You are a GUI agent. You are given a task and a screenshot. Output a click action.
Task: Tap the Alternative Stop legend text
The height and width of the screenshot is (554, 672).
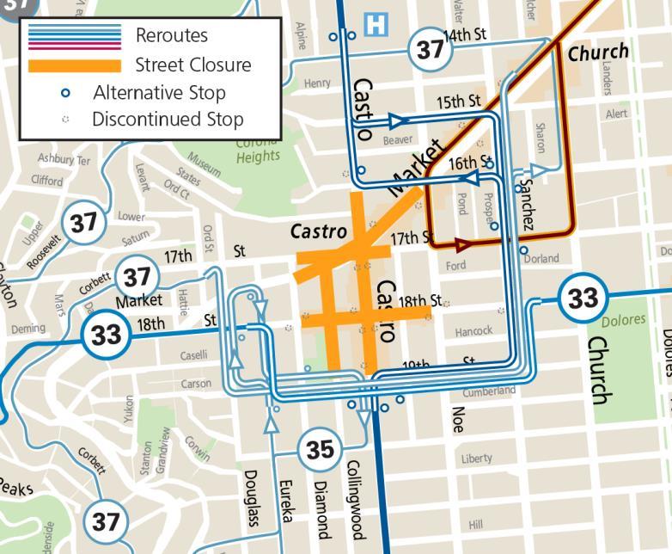click(x=160, y=93)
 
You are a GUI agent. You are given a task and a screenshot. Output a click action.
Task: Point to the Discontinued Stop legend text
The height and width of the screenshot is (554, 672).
click(x=168, y=120)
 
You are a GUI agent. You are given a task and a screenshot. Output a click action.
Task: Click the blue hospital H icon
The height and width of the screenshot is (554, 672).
click(x=376, y=24)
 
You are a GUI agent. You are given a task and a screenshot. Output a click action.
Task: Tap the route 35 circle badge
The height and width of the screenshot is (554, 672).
click(x=320, y=449)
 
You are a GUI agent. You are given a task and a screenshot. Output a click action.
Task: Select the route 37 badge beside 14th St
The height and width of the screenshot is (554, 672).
click(x=430, y=48)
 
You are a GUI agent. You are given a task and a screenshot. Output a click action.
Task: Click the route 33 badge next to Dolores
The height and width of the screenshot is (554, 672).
click(x=583, y=299)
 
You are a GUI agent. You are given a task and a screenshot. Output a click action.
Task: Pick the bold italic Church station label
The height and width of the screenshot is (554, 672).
click(x=598, y=52)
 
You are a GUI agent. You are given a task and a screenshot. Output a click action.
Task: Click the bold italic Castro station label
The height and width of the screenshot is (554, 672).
click(x=319, y=231)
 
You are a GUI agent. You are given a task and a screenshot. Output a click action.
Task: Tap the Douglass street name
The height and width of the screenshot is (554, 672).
click(x=251, y=498)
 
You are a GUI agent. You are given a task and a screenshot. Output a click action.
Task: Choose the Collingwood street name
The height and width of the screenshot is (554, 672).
click(x=351, y=498)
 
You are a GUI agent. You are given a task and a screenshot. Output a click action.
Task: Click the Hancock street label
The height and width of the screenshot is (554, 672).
click(x=473, y=331)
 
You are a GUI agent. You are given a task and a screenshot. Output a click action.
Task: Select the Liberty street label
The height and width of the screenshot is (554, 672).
click(x=477, y=459)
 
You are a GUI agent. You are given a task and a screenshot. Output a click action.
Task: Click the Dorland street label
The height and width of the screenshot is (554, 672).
click(x=541, y=258)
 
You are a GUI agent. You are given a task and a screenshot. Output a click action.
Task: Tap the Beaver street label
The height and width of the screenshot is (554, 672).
click(x=398, y=138)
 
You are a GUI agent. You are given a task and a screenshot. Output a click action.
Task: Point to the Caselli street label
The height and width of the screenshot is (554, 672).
click(x=194, y=355)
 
